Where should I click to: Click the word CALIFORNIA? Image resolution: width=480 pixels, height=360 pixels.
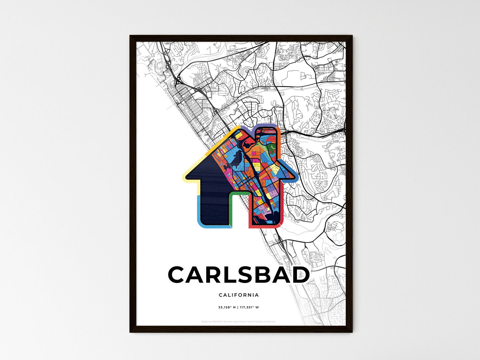click(x=239, y=295)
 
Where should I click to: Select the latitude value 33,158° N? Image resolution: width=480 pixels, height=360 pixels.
click(x=227, y=308)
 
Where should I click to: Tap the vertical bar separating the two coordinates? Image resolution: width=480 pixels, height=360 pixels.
click(x=238, y=308)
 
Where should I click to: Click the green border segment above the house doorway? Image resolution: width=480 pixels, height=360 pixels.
click(x=239, y=193)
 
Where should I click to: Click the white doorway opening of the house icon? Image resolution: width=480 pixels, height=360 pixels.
click(x=240, y=213)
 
